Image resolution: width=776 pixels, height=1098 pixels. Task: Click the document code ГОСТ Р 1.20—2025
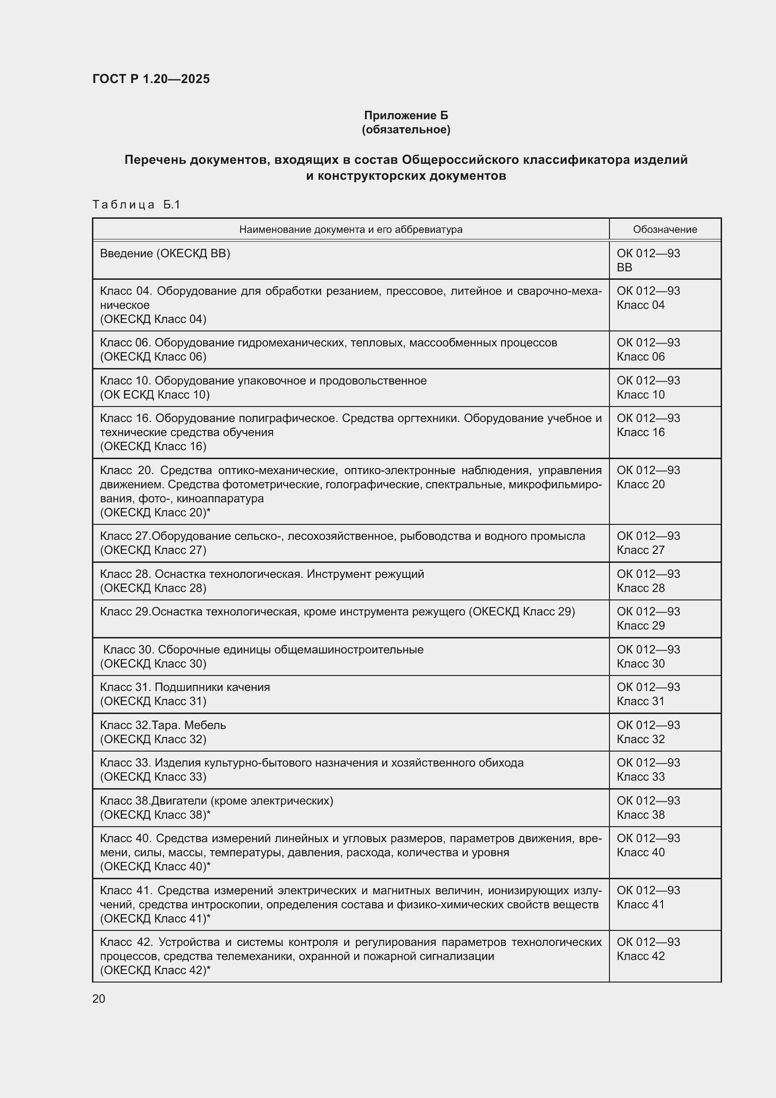point(151,79)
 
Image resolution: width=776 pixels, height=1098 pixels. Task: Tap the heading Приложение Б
point(406,115)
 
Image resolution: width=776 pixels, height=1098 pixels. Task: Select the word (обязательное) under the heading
point(406,130)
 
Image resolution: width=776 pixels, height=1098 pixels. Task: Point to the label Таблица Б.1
point(136,205)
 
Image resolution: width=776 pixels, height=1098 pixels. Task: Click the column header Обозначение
point(665,230)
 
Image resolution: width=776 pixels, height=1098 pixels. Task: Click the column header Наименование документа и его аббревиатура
point(351,230)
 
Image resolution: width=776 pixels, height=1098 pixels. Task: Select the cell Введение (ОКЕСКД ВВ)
point(165,253)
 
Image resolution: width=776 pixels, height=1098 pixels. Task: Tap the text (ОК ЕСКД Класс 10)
point(155,394)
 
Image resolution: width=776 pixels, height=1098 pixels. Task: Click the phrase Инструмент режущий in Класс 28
point(365,574)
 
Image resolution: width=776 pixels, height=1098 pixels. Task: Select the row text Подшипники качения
point(212,687)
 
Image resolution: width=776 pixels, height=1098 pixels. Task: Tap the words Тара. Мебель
point(189,725)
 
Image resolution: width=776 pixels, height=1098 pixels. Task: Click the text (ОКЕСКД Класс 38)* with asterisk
point(155,814)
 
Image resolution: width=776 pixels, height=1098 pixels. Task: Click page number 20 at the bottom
point(99,999)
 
